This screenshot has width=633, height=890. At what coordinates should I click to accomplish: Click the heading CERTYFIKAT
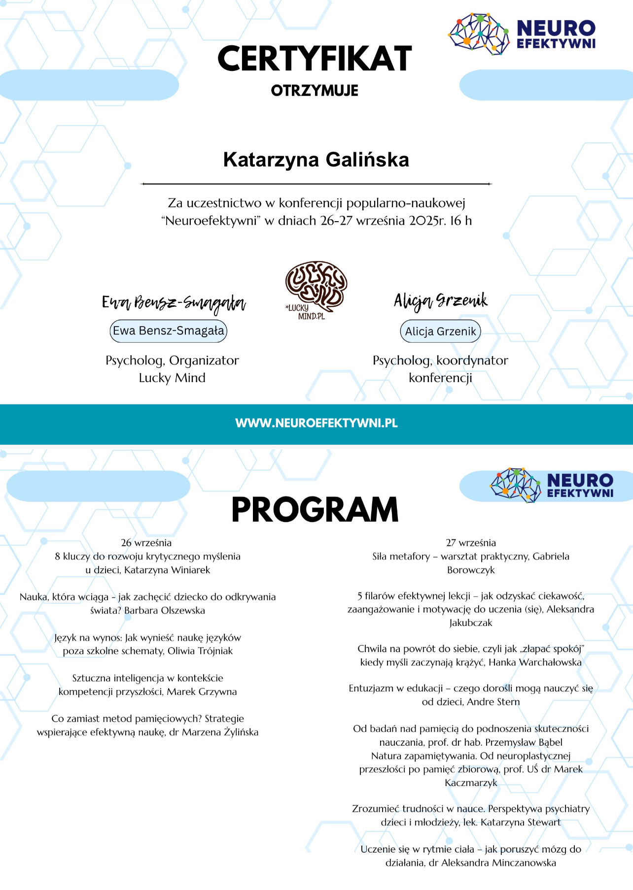pyautogui.click(x=315, y=59)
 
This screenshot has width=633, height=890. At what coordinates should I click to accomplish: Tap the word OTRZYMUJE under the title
pyautogui.click(x=315, y=91)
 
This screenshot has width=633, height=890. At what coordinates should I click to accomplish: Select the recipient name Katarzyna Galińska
pyautogui.click(x=316, y=160)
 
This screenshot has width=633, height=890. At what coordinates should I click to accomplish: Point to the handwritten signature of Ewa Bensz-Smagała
pyautogui.click(x=174, y=303)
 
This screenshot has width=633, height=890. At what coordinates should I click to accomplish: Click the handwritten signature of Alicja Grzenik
pyautogui.click(x=440, y=300)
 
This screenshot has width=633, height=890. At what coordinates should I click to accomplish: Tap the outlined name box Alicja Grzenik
pyautogui.click(x=440, y=331)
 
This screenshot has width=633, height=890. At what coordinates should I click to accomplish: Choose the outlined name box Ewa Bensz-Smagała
pyautogui.click(x=168, y=331)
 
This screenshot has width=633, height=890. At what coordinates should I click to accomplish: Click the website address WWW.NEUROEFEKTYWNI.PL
pyautogui.click(x=316, y=423)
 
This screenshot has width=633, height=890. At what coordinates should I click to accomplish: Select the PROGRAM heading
pyautogui.click(x=315, y=510)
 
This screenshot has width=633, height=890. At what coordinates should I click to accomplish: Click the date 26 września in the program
pyautogui.click(x=146, y=543)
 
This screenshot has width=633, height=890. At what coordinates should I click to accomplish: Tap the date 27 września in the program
pyautogui.click(x=471, y=543)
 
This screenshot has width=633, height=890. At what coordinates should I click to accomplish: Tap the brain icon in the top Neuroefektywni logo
pyautogui.click(x=478, y=33)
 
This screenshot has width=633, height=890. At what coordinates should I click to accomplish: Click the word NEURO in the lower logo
pyautogui.click(x=580, y=480)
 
